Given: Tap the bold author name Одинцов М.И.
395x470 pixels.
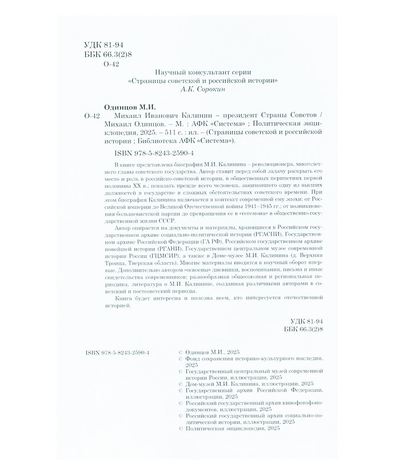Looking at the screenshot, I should coord(132,107).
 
